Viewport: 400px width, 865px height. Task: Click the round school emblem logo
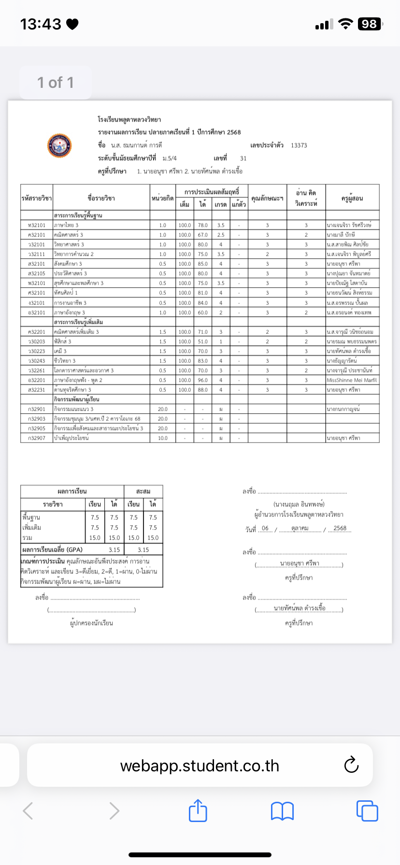59,146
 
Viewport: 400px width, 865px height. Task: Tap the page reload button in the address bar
351,765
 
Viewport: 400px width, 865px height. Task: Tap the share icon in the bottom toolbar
198,810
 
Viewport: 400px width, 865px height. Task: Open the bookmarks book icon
283,811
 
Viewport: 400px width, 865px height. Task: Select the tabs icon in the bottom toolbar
367,810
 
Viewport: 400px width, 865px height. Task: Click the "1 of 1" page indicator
56,83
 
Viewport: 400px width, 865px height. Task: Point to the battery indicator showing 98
370,24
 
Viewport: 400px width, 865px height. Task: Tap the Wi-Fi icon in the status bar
345,24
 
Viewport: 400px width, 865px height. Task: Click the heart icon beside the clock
72,24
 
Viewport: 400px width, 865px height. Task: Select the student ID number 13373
299,145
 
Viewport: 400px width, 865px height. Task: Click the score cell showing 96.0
203,380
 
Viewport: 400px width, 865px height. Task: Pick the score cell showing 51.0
203,342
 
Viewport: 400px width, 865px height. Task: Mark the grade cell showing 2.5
221,235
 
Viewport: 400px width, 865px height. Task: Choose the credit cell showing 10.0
163,438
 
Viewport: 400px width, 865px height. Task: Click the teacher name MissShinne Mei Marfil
352,380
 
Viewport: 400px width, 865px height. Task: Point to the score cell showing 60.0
203,313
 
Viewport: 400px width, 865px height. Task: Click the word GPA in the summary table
75,550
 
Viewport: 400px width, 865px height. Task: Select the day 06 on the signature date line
265,528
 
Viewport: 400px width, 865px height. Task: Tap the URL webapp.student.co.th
200,766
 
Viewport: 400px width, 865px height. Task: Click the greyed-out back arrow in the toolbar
29,810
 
